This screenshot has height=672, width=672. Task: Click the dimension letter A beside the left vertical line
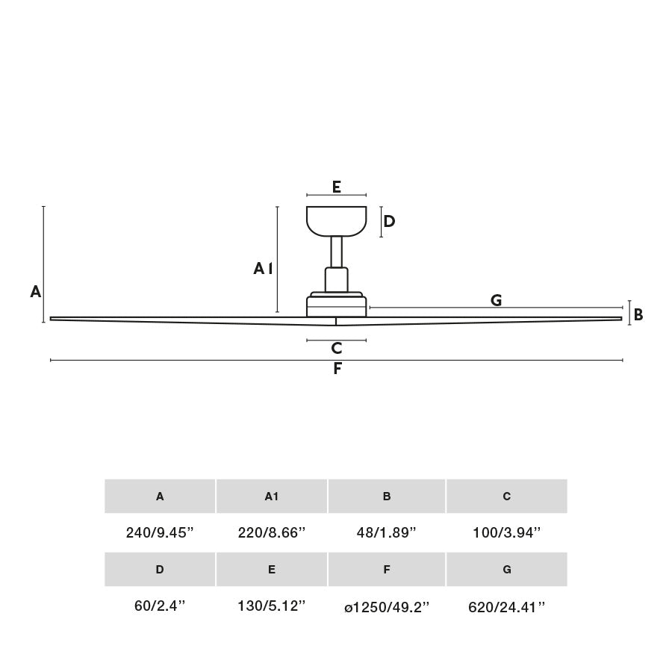(35, 292)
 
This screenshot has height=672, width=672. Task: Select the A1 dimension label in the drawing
(263, 268)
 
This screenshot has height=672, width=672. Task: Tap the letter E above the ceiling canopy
(337, 187)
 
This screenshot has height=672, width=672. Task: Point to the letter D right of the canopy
(389, 221)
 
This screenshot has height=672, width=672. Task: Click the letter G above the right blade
(496, 300)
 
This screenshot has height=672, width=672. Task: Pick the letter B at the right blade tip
(638, 315)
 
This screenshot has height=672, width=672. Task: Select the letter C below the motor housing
(337, 348)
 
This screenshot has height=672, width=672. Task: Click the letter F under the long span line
(337, 368)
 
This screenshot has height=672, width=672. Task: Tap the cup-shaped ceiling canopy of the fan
(337, 220)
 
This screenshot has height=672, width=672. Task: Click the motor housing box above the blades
(337, 306)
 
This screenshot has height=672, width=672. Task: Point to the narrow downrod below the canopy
(337, 252)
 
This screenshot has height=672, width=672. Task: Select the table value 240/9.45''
(160, 532)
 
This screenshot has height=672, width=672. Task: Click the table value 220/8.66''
(272, 532)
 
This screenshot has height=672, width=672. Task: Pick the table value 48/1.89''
(387, 532)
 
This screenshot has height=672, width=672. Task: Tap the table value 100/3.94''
(507, 532)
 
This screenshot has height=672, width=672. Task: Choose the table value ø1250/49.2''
(387, 607)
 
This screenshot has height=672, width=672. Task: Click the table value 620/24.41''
(507, 607)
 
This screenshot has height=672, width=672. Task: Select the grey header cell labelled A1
(272, 497)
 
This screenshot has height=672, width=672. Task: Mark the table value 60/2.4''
(160, 606)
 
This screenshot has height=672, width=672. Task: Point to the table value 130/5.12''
(272, 606)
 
